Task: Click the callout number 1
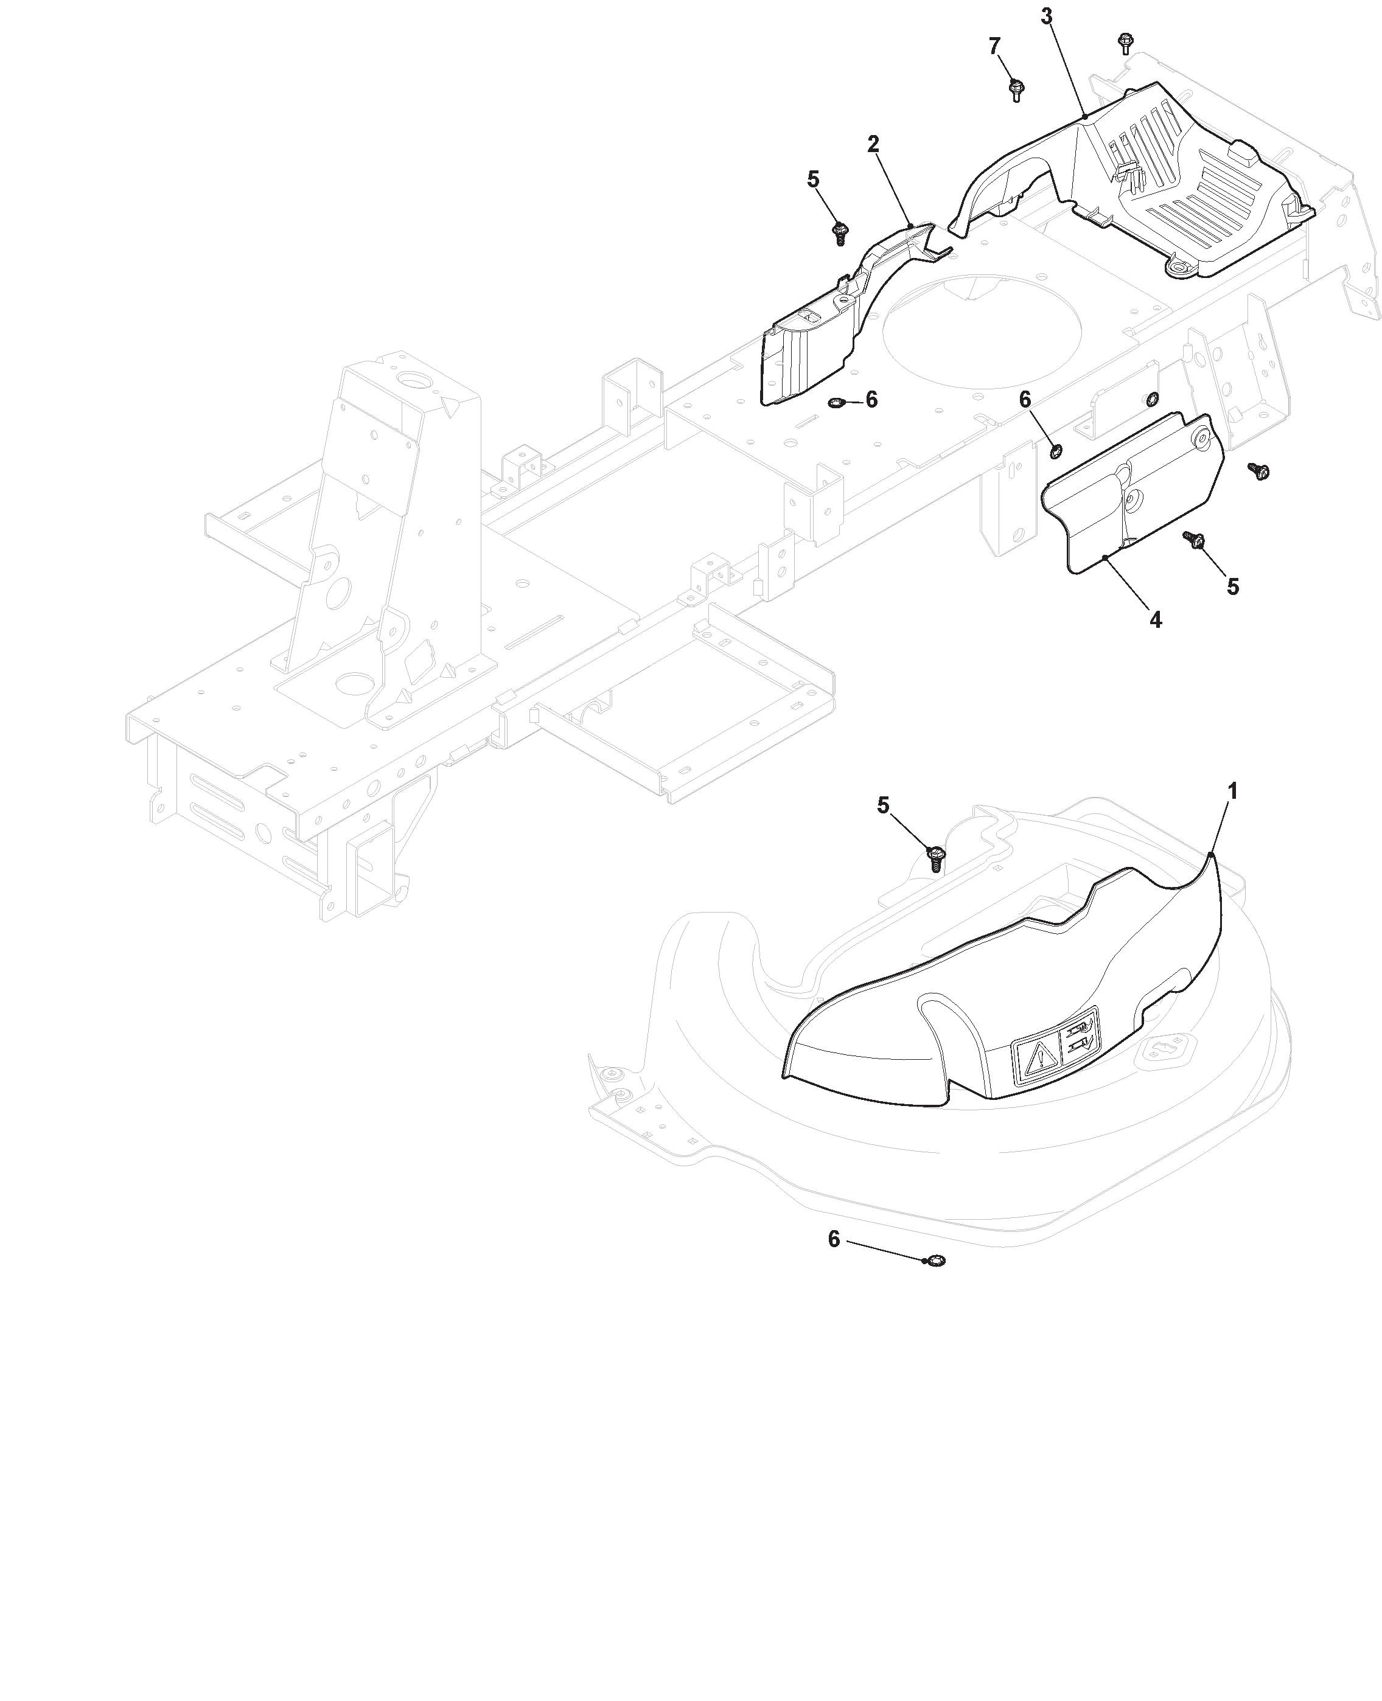click(x=1232, y=791)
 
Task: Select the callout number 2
click(x=873, y=144)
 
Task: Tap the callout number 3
click(x=1047, y=16)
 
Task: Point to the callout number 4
click(x=1156, y=619)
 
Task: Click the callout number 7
click(x=995, y=47)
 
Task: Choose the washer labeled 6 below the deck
click(x=937, y=1261)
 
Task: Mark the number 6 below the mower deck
click(x=834, y=1239)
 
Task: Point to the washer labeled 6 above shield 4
click(x=1056, y=451)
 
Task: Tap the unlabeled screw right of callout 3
click(x=1126, y=43)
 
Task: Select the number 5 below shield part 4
click(x=1233, y=586)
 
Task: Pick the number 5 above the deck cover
click(x=883, y=805)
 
